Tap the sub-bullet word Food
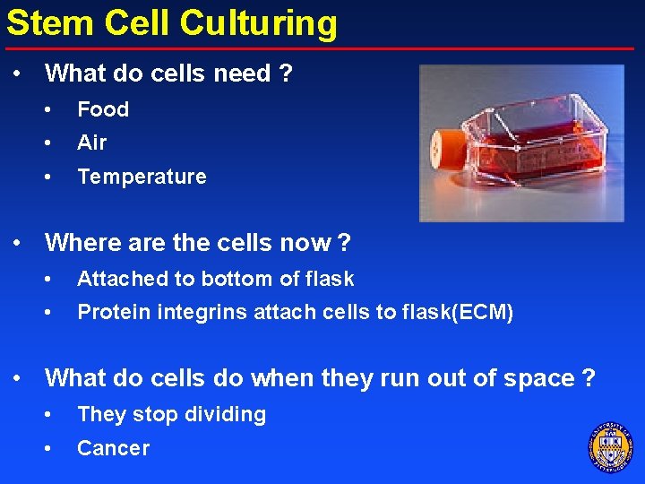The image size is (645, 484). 103,109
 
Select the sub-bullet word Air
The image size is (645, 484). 91,143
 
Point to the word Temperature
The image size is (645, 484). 142,177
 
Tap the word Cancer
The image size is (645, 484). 113,448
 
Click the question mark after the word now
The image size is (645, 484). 344,243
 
